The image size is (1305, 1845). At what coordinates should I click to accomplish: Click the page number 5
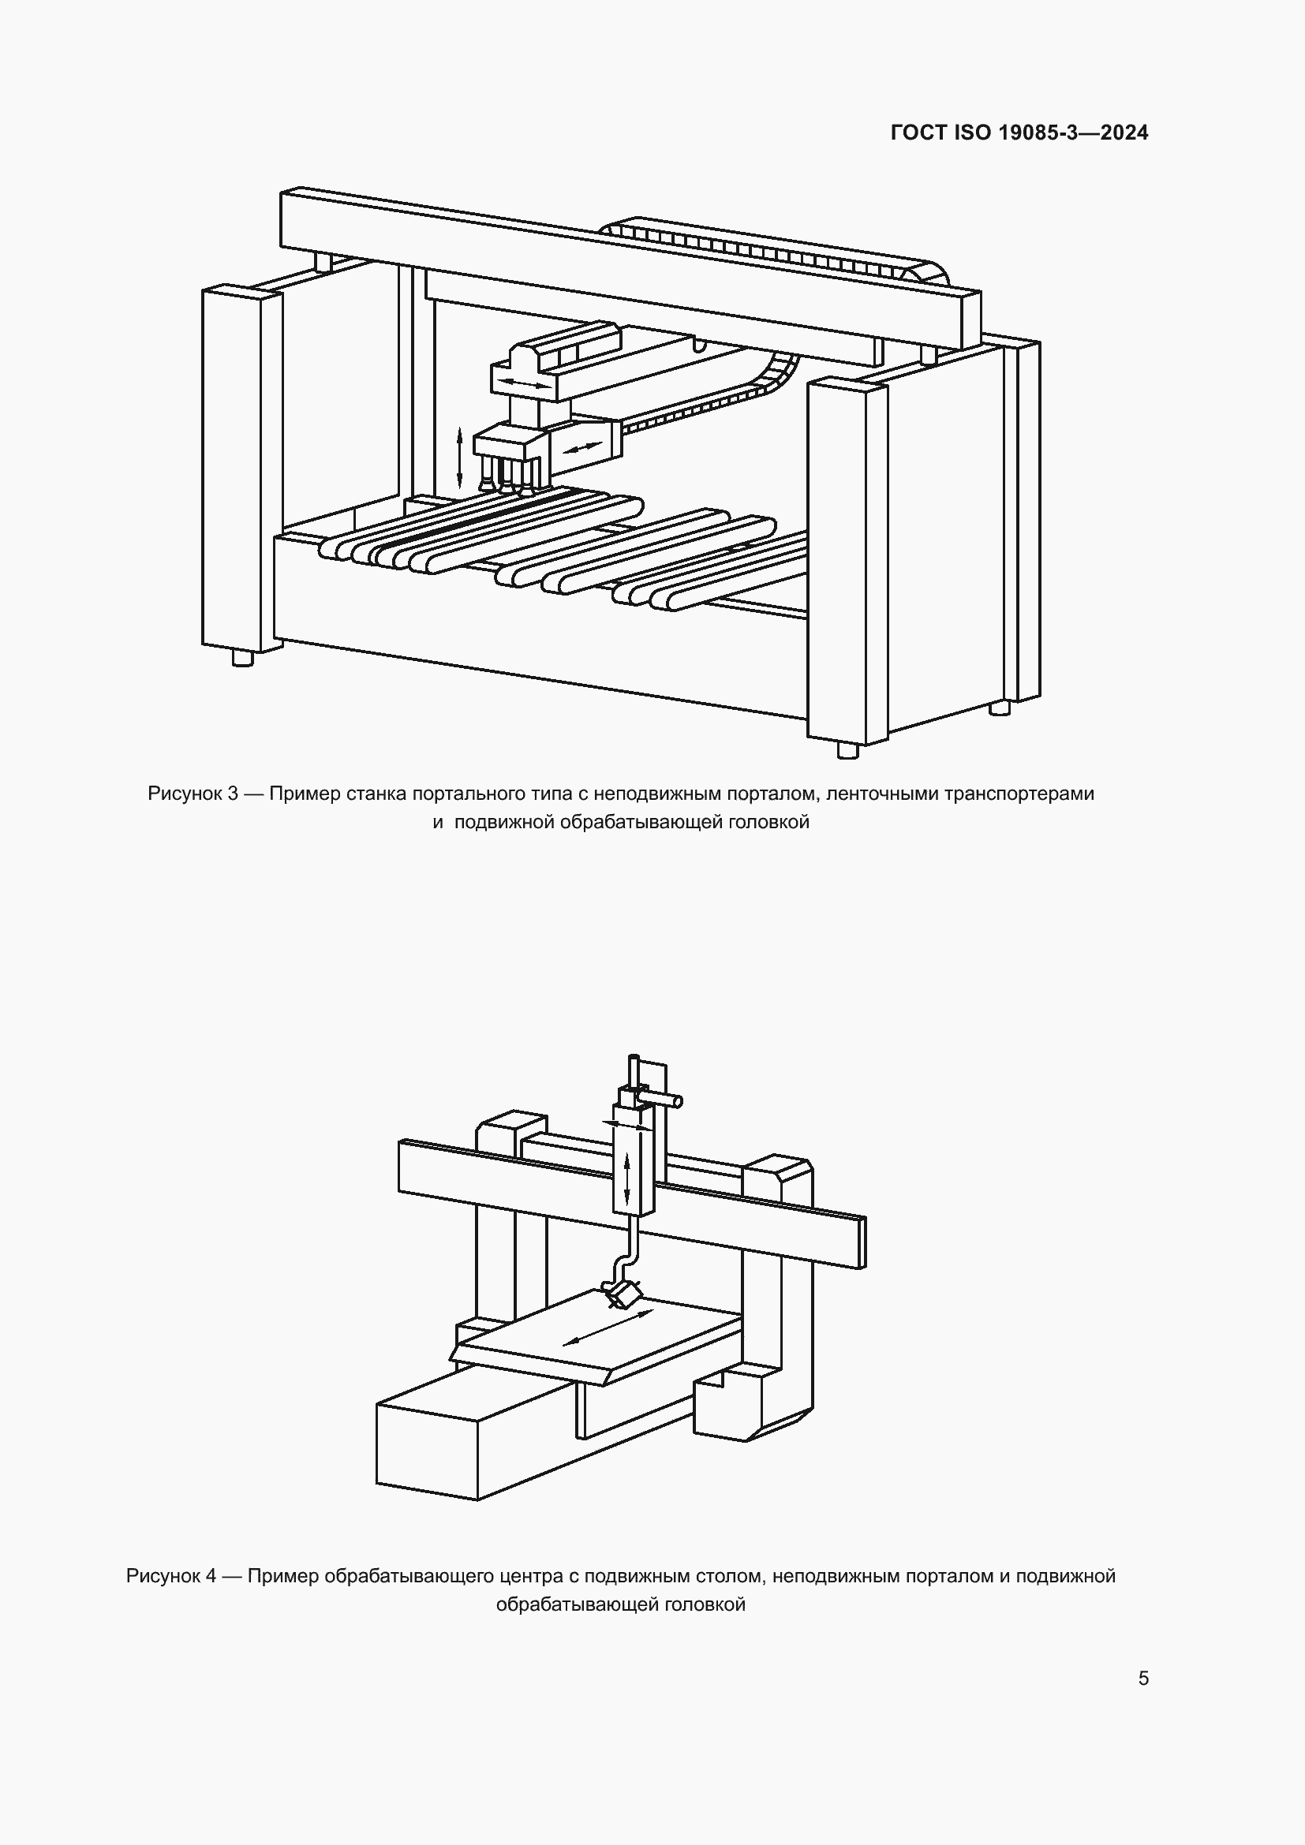1142,1679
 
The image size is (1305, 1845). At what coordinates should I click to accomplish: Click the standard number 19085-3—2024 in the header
1073,133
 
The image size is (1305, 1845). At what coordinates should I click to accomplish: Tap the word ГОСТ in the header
919,133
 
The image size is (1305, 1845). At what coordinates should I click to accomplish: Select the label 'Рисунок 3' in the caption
193,794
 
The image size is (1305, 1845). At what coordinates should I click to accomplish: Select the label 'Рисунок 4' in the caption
171,1577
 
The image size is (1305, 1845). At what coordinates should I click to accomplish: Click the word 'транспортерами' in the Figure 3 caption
1019,794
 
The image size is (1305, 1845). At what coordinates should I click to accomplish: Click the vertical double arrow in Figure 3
460,458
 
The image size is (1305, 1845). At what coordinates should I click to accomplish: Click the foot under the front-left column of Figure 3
243,658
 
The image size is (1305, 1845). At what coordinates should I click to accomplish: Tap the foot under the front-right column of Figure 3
847,750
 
